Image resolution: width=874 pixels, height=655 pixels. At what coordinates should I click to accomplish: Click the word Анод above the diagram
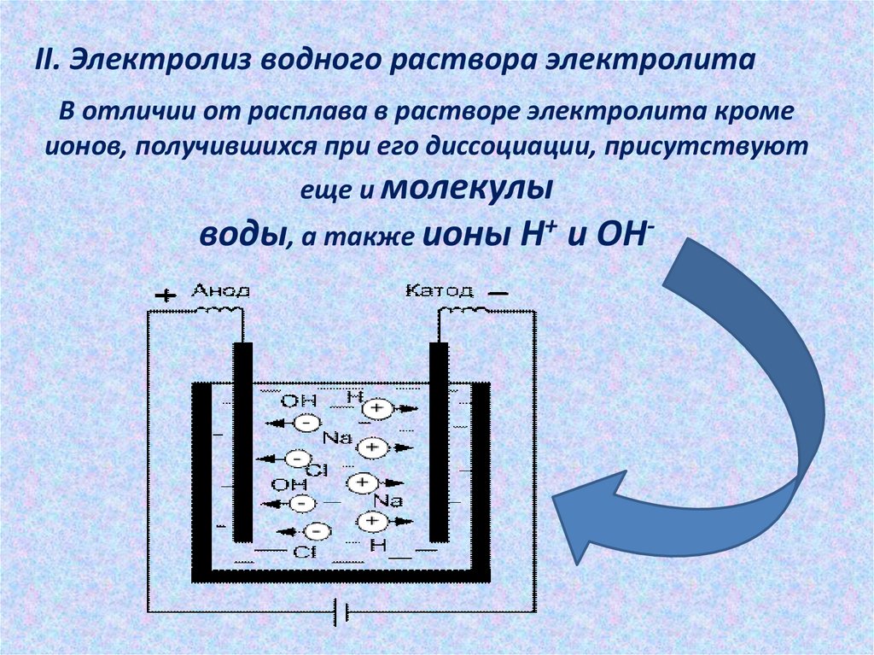click(220, 290)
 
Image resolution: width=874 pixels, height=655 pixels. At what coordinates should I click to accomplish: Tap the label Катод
click(438, 290)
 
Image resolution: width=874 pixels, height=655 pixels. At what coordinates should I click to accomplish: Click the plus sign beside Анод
click(165, 295)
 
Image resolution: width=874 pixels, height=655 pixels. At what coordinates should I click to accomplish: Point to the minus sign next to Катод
click(498, 293)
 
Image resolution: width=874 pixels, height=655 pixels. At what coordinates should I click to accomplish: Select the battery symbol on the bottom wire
click(341, 611)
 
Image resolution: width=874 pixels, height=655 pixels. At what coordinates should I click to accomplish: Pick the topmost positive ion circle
click(376, 410)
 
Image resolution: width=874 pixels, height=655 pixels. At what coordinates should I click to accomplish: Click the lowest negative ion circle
click(316, 530)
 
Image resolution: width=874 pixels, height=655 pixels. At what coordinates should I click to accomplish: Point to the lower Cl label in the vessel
click(304, 552)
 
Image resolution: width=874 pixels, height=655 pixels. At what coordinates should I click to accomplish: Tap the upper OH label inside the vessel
click(298, 400)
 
